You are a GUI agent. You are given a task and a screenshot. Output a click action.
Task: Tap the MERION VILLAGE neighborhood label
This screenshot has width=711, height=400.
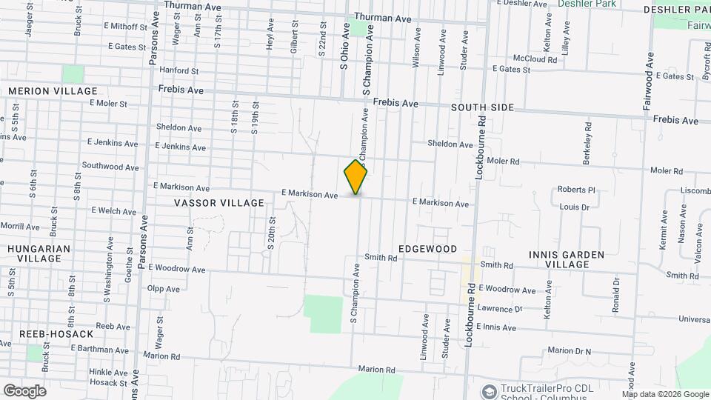tap(53, 91)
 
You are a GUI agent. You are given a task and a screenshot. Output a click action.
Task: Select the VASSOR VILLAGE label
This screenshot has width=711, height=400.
tap(219, 203)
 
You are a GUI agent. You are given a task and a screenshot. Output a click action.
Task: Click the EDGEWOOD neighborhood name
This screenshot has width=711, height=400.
tap(427, 249)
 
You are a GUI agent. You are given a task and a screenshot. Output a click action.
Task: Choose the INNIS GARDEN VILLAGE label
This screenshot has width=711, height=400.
tap(567, 259)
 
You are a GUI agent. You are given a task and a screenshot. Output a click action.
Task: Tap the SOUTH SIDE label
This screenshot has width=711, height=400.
tap(483, 108)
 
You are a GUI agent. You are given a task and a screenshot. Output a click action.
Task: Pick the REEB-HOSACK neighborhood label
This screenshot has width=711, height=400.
tap(47, 335)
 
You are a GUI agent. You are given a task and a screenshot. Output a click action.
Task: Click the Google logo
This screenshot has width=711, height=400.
tap(24, 391)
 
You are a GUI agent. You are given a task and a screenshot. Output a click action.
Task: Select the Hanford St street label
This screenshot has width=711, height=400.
tap(178, 72)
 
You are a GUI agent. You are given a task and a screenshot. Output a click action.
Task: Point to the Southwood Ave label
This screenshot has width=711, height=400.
tap(110, 167)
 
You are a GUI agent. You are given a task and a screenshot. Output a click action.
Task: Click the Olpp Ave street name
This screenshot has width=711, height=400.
tap(163, 289)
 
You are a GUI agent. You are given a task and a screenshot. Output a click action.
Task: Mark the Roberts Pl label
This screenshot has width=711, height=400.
tap(576, 190)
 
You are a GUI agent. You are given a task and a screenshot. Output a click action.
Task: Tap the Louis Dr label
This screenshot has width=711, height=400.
tap(574, 207)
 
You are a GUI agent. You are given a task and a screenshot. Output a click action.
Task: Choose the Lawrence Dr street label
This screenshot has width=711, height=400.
tap(500, 309)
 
